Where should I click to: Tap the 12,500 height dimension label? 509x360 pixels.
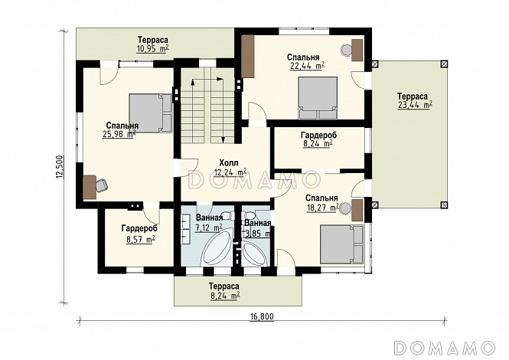coord(60,167)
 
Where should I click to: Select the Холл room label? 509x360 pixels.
coord(229,162)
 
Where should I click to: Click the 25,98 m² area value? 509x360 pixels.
coord(119,133)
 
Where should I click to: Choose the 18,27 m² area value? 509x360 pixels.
coord(323,208)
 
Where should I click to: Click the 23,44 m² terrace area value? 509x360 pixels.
coord(415,105)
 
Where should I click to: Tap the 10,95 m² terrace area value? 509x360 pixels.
coord(153,49)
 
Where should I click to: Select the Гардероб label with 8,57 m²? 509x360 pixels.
coord(139,228)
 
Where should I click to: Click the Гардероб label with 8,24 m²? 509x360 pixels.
coord(318,135)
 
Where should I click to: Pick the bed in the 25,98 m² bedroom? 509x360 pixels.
coord(151,113)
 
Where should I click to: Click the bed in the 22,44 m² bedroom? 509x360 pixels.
coord(318,98)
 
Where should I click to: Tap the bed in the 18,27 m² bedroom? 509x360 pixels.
coord(341,244)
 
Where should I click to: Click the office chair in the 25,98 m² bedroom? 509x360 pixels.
coord(102,185)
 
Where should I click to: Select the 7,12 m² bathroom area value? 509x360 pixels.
coord(208,227)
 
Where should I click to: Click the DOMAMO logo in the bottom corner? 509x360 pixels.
coord(444,347)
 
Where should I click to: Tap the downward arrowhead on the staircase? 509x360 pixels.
coord(223,139)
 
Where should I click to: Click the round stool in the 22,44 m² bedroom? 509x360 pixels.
coord(346,49)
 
